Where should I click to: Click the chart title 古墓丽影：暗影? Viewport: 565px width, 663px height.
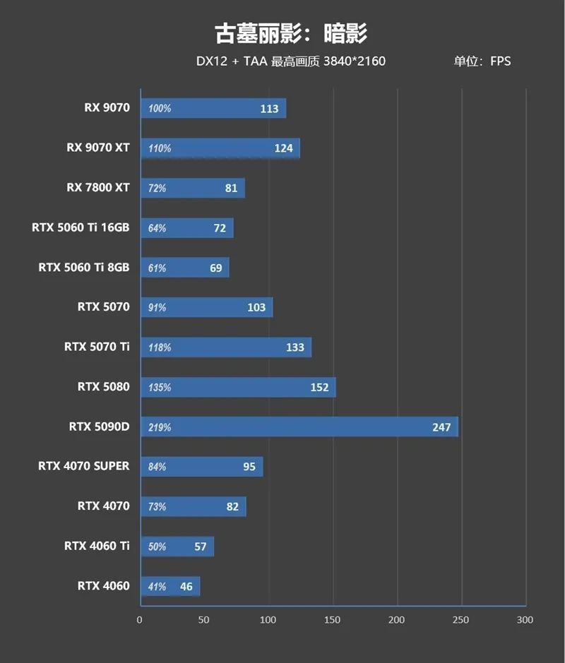pyautogui.click(x=291, y=33)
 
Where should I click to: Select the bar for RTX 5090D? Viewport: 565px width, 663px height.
pyautogui.click(x=299, y=426)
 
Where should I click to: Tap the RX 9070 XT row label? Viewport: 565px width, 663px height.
pyautogui.click(x=98, y=148)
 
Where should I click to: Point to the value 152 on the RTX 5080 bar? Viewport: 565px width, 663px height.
pyautogui.click(x=319, y=387)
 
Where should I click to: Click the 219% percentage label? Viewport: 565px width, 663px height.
pyautogui.click(x=160, y=427)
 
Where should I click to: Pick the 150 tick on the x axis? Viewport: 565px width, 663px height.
pyautogui.click(x=332, y=619)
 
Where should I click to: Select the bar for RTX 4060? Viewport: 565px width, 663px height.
pyautogui.click(x=170, y=586)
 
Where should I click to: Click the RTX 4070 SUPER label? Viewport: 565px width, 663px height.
pyautogui.click(x=84, y=466)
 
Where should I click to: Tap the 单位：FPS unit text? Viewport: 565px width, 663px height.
pyautogui.click(x=482, y=61)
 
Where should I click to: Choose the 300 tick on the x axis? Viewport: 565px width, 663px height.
pyautogui.click(x=524, y=619)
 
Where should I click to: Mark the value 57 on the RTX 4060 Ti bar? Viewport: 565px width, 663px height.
pyautogui.click(x=200, y=546)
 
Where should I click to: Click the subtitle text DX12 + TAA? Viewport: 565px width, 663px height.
pyautogui.click(x=231, y=61)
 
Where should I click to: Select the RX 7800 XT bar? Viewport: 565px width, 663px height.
pyautogui.click(x=193, y=188)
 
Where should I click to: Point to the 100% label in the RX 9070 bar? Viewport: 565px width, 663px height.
pyautogui.click(x=160, y=109)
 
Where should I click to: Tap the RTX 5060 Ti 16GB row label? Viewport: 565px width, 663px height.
pyautogui.click(x=81, y=227)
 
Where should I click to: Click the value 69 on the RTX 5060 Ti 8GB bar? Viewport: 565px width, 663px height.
pyautogui.click(x=215, y=268)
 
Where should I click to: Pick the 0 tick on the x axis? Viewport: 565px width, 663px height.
pyautogui.click(x=140, y=619)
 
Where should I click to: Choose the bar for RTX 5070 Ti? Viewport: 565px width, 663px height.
pyautogui.click(x=226, y=347)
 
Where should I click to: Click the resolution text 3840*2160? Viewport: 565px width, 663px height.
pyautogui.click(x=355, y=61)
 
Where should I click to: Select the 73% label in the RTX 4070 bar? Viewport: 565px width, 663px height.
pyautogui.click(x=157, y=507)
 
